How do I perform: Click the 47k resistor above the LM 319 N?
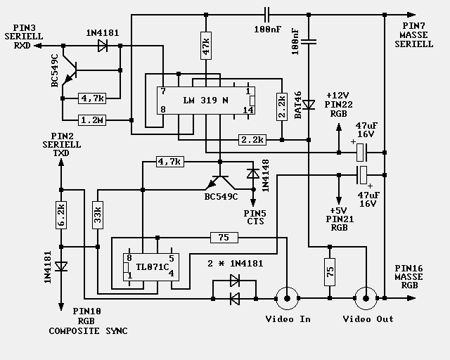(206, 46)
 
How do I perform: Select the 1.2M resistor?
(92, 120)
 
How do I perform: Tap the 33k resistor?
(98, 215)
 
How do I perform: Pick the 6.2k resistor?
(61, 215)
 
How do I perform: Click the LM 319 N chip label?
(205, 101)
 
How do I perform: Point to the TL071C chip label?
(152, 267)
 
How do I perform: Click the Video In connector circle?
(287, 299)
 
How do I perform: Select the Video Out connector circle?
(366, 299)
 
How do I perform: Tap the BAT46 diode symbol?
(309, 105)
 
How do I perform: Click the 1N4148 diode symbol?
(253, 174)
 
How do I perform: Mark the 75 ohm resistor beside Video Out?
(330, 272)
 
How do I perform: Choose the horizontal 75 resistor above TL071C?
(224, 238)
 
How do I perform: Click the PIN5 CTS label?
(255, 217)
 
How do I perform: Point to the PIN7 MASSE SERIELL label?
(413, 35)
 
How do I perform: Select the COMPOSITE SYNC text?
(88, 331)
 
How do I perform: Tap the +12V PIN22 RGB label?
(339, 105)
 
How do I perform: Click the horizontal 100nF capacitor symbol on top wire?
(266, 15)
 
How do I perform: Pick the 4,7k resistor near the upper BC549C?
(92, 98)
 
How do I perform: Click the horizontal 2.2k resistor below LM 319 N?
(252, 140)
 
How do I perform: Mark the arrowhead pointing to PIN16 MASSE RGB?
(411, 298)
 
